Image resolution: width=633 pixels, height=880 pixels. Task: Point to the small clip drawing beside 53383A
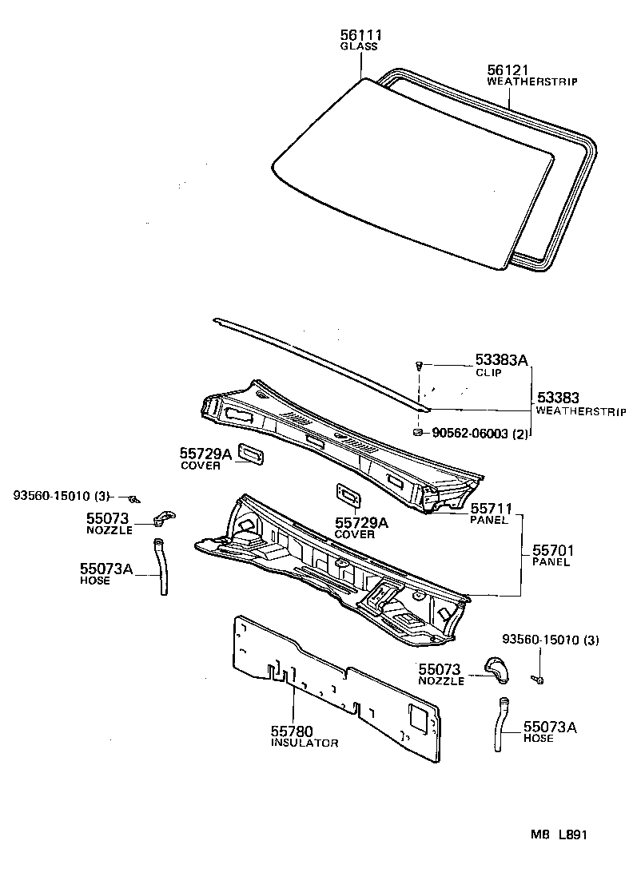click(x=418, y=366)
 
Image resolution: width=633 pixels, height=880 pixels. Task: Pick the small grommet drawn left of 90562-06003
click(x=417, y=432)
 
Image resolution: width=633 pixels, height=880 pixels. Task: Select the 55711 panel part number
click(x=491, y=508)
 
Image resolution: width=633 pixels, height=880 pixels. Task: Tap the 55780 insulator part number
click(x=292, y=731)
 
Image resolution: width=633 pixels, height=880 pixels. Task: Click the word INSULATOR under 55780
click(x=304, y=743)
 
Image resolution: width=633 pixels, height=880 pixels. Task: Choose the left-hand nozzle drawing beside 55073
click(x=165, y=518)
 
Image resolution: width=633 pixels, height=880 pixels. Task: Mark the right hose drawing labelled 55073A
click(x=501, y=722)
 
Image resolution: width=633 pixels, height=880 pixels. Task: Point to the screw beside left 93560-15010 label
click(x=136, y=498)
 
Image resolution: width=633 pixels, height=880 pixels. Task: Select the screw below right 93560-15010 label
click(x=539, y=680)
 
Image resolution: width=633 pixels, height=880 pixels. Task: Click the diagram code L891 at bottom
click(x=573, y=834)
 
